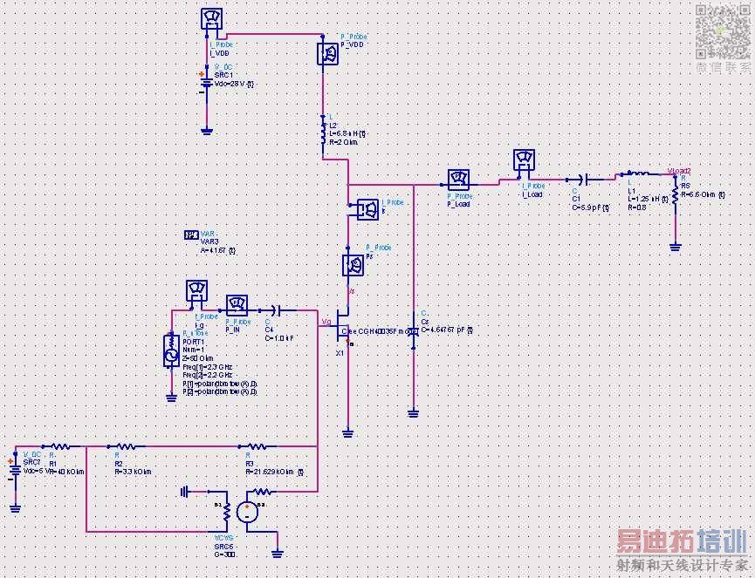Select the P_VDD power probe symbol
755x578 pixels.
(x=328, y=53)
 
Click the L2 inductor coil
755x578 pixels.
(x=324, y=134)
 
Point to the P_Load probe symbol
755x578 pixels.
(x=458, y=180)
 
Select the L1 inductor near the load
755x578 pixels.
(x=637, y=174)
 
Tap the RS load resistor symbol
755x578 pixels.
(x=675, y=190)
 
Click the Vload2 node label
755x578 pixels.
(x=678, y=171)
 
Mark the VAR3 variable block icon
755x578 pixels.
(x=191, y=235)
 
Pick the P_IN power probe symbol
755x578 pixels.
(x=236, y=305)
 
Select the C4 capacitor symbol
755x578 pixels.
(x=277, y=309)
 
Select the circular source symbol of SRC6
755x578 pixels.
(x=249, y=513)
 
